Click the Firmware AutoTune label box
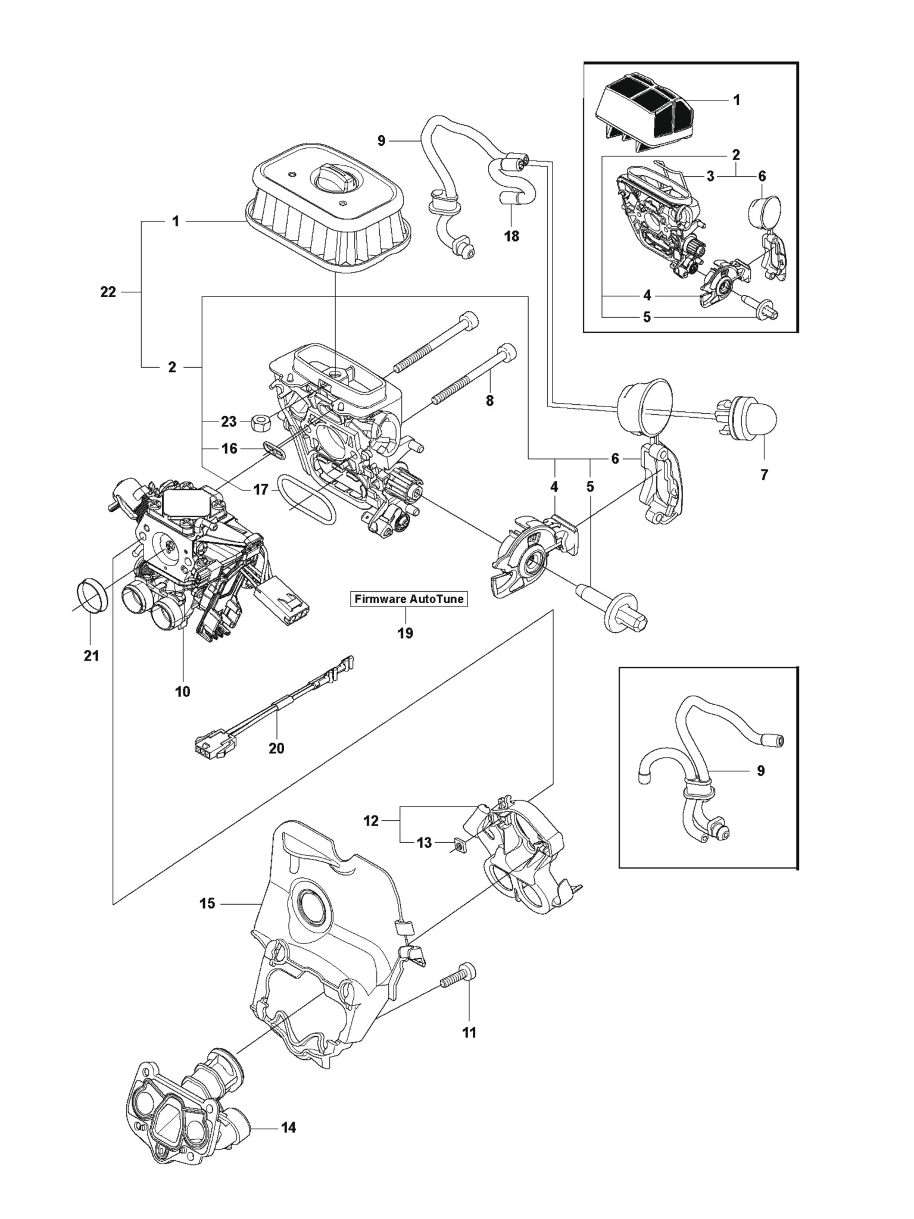coord(408,599)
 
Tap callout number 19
coord(405,633)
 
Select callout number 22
coord(108,292)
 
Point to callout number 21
coord(91,655)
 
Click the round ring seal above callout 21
coord(92,594)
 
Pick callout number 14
coord(288,1127)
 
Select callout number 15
coord(207,920)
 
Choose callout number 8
coord(489,401)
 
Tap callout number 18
coord(511,236)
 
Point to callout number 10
coord(182,691)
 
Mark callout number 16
coord(230,448)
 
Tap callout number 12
coord(371,821)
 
